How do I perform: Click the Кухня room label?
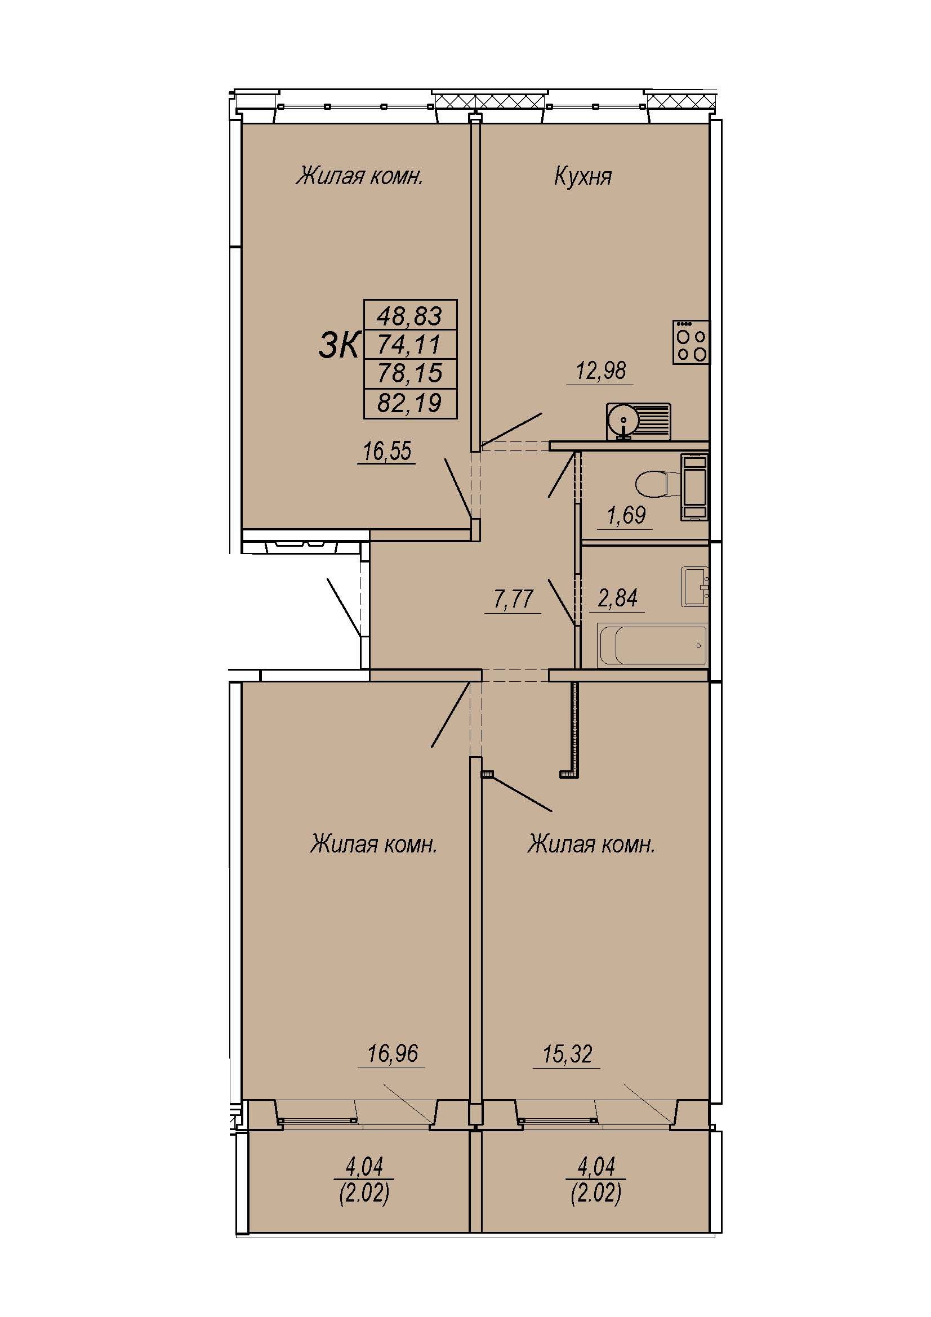[582, 177]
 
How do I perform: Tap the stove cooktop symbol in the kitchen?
[691, 342]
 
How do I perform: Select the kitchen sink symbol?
[639, 422]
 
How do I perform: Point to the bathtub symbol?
[652, 645]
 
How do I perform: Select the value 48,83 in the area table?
[409, 315]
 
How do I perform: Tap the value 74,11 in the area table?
[409, 344]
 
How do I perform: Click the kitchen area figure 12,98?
[601, 370]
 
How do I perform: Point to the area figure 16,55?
[386, 452]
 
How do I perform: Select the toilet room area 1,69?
[626, 515]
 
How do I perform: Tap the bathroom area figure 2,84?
[618, 599]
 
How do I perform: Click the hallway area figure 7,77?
[514, 600]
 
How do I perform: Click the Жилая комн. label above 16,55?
[360, 177]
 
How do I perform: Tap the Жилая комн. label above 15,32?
[591, 845]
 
